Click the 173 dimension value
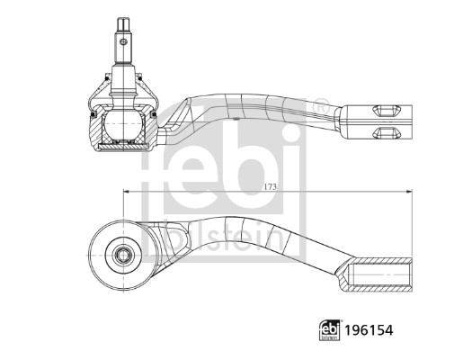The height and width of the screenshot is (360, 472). [270, 187]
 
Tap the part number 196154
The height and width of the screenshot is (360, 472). [369, 330]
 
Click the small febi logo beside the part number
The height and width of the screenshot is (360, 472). [330, 330]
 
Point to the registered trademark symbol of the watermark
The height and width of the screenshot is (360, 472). [321, 106]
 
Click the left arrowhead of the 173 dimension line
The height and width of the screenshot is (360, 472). [126, 191]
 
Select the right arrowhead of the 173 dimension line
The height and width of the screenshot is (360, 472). [409, 191]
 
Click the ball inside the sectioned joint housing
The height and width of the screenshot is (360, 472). [123, 123]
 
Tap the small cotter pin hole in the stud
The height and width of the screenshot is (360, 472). [123, 41]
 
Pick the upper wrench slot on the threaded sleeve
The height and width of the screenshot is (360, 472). [387, 111]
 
